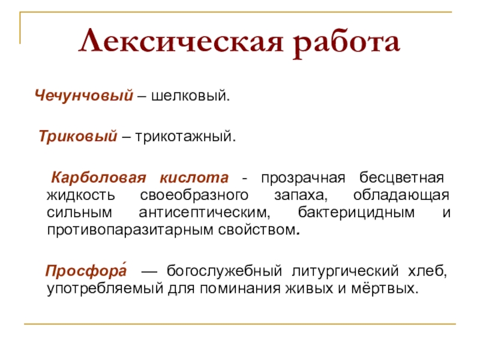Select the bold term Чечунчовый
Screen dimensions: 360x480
pyautogui.click(x=83, y=96)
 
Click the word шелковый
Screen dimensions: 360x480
pyautogui.click(x=190, y=96)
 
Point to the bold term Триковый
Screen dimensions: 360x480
pyautogui.click(x=77, y=137)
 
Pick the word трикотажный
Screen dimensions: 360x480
pyautogui.click(x=185, y=137)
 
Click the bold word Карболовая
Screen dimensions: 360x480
pyautogui.click(x=99, y=179)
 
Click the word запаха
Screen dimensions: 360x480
pyautogui.click(x=302, y=196)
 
